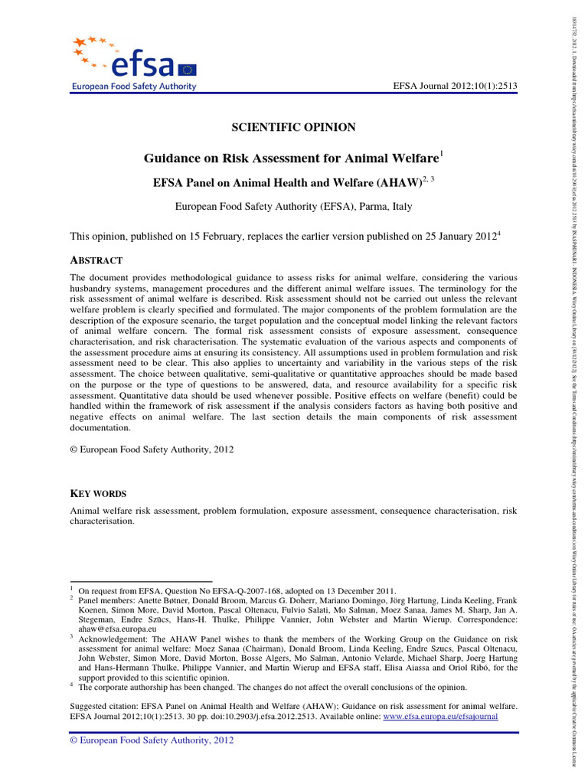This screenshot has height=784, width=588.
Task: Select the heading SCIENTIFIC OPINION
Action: coord(293,127)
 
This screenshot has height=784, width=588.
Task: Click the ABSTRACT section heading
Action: coord(96,261)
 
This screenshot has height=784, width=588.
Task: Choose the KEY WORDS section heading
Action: coord(98,494)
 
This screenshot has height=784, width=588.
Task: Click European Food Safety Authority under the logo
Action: coord(134,87)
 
